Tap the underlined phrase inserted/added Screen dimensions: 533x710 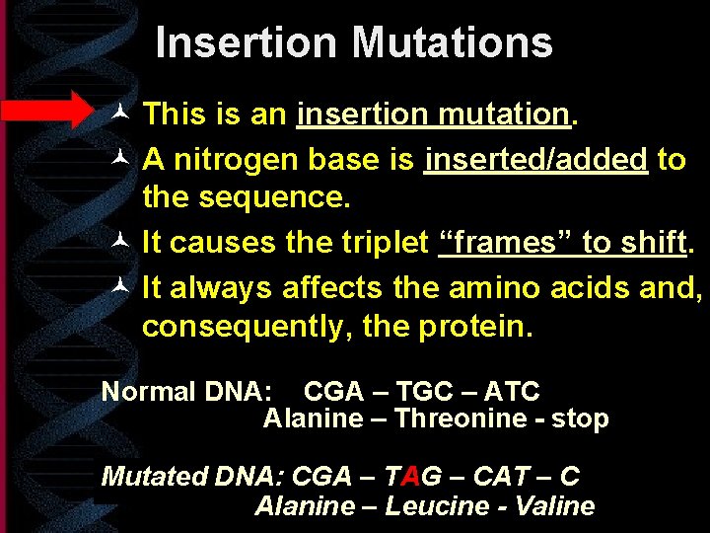535,160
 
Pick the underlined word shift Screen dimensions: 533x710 652,242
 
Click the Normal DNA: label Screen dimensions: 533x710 186,392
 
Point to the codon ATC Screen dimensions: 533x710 513,392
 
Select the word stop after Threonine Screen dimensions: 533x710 581,419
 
